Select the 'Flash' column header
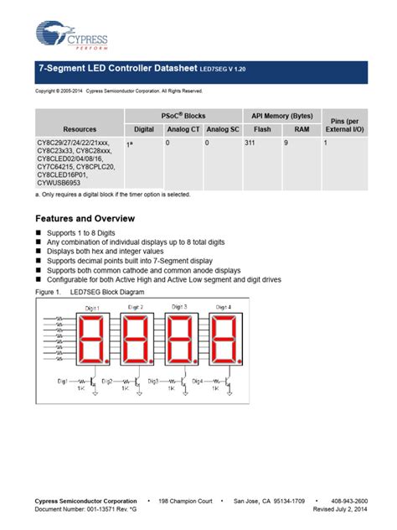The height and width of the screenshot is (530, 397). click(x=262, y=129)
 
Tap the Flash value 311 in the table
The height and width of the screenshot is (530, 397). click(x=250, y=144)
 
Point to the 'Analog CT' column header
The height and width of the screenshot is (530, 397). click(x=183, y=129)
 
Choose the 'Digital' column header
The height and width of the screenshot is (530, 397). click(x=144, y=129)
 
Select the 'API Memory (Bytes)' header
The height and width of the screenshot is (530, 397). click(x=281, y=115)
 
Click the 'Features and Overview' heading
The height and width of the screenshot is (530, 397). click(x=86, y=217)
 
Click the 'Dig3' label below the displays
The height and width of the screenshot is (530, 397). click(x=152, y=382)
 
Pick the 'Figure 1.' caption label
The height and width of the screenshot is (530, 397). click(x=49, y=293)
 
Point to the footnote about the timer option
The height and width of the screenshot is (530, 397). click(x=113, y=195)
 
